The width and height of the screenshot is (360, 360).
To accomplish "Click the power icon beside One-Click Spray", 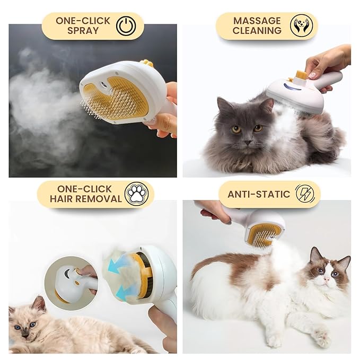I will tap(126, 26).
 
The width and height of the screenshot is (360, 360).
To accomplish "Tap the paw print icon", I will tap(136, 194).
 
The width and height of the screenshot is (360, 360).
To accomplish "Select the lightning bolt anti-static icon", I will tap(304, 194).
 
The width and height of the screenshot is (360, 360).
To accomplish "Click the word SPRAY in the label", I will tap(83, 31).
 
